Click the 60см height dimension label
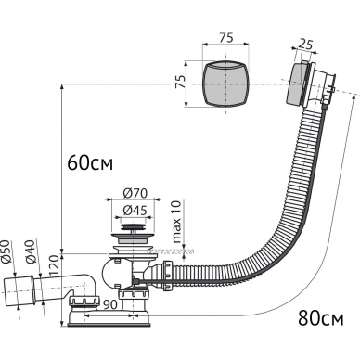click(x=90, y=163)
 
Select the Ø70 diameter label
click(x=135, y=194)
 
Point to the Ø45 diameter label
click(x=135, y=211)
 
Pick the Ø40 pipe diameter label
click(x=31, y=251)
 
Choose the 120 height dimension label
click(x=54, y=266)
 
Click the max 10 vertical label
click(x=177, y=222)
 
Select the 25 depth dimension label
click(x=305, y=45)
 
